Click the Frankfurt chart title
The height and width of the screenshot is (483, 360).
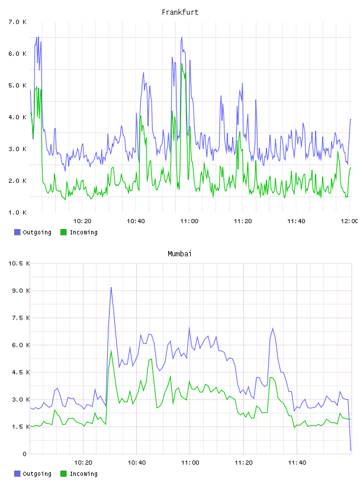click(x=180, y=12)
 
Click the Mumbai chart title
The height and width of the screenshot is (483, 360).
click(x=179, y=254)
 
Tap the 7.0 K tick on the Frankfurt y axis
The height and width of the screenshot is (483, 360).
click(x=17, y=22)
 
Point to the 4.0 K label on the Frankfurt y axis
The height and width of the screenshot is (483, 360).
click(x=17, y=117)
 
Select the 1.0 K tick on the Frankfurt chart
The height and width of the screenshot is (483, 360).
click(x=17, y=212)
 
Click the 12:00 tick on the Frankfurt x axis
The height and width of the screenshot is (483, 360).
click(x=349, y=221)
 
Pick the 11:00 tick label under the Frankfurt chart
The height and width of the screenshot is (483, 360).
click(x=189, y=221)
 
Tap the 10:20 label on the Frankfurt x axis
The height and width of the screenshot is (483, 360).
click(x=82, y=221)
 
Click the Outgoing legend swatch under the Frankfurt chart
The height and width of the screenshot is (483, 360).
click(x=17, y=232)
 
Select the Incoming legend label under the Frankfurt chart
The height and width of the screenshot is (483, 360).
click(x=83, y=232)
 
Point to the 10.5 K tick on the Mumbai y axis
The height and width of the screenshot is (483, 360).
click(x=19, y=263)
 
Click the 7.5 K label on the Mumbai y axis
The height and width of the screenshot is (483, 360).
click(x=21, y=318)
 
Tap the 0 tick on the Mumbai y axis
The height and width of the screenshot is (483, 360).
click(x=24, y=454)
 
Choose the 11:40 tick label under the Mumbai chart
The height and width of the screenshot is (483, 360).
click(x=297, y=463)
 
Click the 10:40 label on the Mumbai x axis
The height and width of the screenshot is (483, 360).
click(x=137, y=463)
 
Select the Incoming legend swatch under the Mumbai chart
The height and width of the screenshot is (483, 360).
click(x=63, y=474)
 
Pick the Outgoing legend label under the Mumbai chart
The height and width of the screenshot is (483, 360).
click(x=37, y=474)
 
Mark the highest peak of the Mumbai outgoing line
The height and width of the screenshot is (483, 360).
click(x=111, y=288)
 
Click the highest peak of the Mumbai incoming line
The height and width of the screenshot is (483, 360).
click(x=111, y=350)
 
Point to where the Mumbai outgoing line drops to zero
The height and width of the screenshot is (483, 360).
click(x=351, y=450)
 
